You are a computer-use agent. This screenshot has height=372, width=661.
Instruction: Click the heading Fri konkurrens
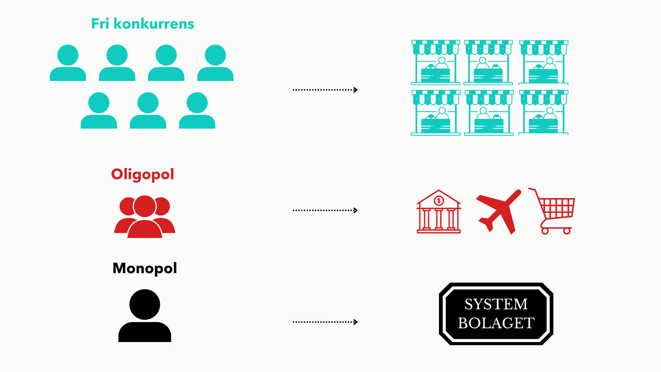[143, 24]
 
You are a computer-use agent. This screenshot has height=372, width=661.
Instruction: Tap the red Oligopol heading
[143, 174]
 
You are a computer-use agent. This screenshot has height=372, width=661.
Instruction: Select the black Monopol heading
[145, 268]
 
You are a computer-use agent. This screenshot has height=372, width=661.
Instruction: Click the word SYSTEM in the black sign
[496, 304]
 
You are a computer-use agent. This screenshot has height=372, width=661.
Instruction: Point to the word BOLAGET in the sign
[496, 323]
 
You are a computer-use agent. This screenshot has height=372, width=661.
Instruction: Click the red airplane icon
[499, 211]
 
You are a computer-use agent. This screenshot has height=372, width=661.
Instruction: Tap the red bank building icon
[439, 211]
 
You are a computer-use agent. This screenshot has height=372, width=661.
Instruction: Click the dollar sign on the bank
[439, 200]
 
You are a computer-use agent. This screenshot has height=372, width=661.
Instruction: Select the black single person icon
[145, 316]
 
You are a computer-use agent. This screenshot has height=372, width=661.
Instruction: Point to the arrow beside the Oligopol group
[325, 210]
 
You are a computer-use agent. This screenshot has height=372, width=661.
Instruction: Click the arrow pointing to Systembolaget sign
[325, 322]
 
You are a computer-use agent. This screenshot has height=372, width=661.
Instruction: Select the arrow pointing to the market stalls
[325, 90]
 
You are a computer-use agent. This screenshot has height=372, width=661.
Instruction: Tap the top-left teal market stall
[436, 62]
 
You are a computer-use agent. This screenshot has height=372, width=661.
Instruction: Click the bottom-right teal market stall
[544, 113]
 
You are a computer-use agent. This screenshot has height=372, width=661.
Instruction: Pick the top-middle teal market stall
[489, 62]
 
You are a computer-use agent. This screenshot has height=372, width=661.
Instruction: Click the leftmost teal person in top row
[68, 63]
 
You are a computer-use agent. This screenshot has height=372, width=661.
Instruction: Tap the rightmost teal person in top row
[215, 63]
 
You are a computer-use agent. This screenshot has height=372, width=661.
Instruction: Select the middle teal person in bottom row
[148, 110]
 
